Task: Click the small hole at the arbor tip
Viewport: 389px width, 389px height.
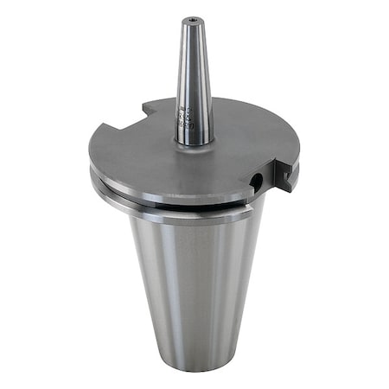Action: click(x=188, y=21)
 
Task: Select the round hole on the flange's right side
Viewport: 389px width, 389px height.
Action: click(x=257, y=179)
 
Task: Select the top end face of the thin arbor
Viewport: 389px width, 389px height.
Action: click(x=188, y=19)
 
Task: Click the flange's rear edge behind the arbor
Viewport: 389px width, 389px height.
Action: click(x=225, y=103)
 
